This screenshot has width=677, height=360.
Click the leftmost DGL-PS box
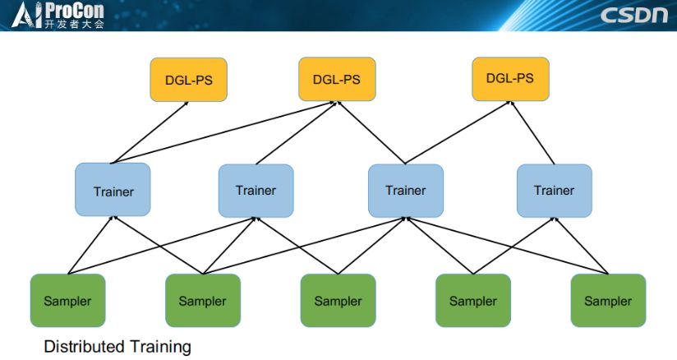pyautogui.click(x=188, y=80)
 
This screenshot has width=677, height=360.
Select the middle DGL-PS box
pyautogui.click(x=337, y=80)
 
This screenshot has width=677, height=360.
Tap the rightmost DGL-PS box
pyautogui.click(x=510, y=79)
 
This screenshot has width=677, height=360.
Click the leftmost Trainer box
pyautogui.click(x=113, y=191)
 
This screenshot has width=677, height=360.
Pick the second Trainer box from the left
pyautogui.click(x=256, y=191)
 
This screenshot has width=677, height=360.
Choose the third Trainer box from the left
pyautogui.click(x=406, y=191)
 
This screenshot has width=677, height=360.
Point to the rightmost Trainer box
pyautogui.click(x=554, y=191)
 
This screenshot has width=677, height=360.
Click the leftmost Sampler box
pyautogui.click(x=67, y=301)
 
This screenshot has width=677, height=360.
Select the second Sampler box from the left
pyautogui.click(x=202, y=301)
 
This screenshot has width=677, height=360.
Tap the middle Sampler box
pyautogui.click(x=338, y=301)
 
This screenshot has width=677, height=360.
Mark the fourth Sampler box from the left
pyautogui.click(x=473, y=301)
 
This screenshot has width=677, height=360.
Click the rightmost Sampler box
pyautogui.click(x=608, y=301)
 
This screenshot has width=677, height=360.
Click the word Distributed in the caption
pyautogui.click(x=83, y=346)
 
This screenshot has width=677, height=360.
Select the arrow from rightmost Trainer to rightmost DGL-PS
pyautogui.click(x=532, y=132)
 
